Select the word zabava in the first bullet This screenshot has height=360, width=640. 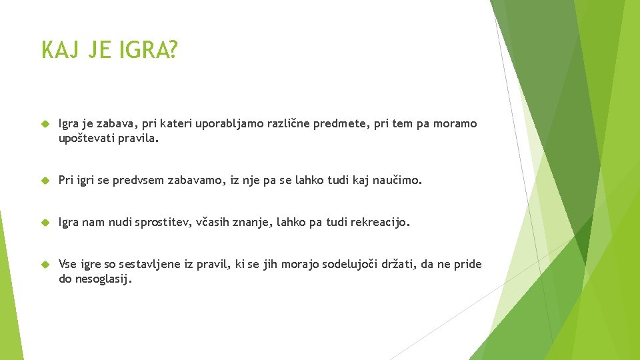point(119,124)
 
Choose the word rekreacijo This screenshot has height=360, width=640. point(377,223)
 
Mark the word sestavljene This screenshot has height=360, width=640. point(152,265)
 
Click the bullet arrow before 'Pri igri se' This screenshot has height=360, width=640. point(45,181)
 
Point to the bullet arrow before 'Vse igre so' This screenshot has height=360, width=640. point(45,265)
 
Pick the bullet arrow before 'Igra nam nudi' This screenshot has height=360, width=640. point(45,223)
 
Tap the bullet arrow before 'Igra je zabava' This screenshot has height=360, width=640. point(45,125)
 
